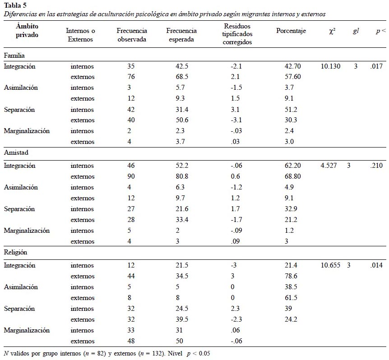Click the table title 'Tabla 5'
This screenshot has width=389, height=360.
point(15,5)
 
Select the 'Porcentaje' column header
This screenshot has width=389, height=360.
point(291,31)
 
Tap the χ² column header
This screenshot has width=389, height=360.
point(332,31)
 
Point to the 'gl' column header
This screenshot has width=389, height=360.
point(356,31)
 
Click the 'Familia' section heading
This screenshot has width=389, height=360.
point(14,55)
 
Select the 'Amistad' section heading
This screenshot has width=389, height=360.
point(16,152)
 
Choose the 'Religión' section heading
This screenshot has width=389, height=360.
point(15,252)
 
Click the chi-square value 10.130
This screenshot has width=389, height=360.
point(330,66)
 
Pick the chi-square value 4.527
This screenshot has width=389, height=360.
point(329,166)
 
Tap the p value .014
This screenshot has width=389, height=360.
point(376,265)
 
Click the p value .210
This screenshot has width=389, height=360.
point(376,166)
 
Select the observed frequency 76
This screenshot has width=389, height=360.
point(131,77)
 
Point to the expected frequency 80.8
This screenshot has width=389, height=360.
point(182,176)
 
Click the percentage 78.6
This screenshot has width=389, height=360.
point(291,276)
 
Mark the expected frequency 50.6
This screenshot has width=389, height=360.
point(182,120)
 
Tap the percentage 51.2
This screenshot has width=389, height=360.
point(291,109)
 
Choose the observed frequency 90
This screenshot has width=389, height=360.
point(131,176)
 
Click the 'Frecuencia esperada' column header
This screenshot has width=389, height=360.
point(181,35)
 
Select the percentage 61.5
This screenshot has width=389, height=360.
point(291,298)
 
